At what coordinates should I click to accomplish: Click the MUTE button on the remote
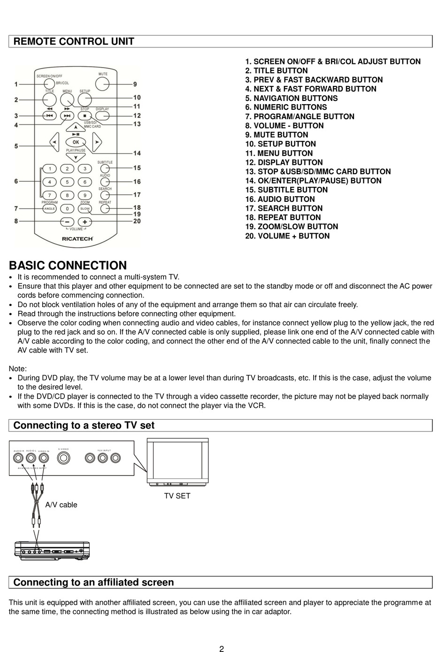(102, 84)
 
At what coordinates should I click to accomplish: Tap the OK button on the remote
(76, 142)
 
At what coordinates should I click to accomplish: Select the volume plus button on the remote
(85, 222)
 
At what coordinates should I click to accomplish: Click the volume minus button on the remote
(67, 222)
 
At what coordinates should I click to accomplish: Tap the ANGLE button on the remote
(49, 209)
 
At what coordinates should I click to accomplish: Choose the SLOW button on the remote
(85, 209)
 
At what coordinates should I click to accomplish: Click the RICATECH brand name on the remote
(77, 239)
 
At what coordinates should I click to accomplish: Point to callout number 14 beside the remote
(137, 153)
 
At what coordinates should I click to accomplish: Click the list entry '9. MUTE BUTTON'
(277, 135)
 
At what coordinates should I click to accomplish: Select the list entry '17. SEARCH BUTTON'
(284, 208)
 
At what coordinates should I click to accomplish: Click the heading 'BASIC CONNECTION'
(68, 266)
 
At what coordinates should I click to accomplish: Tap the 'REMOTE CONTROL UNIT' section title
(74, 42)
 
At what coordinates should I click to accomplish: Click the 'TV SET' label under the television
(177, 496)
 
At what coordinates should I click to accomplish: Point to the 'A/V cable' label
(61, 505)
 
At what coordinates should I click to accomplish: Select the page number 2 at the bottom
(222, 649)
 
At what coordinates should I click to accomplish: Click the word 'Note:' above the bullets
(18, 369)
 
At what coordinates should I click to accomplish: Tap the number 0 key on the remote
(67, 209)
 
